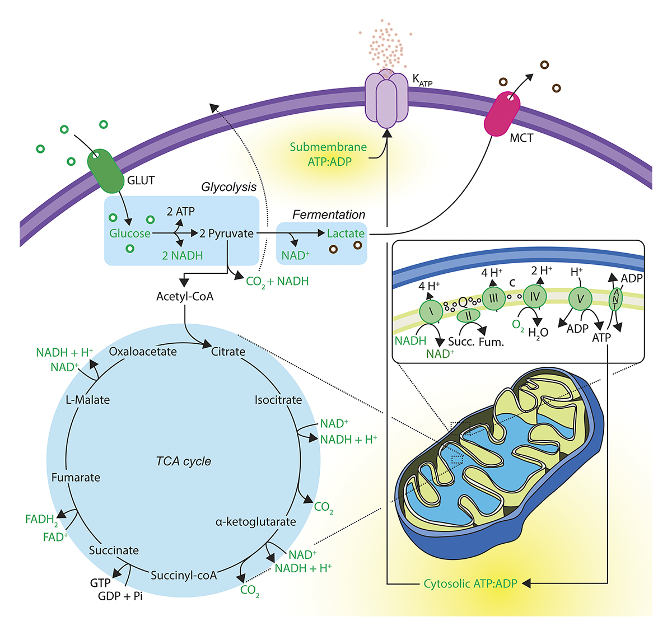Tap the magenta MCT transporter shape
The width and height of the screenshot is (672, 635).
502,114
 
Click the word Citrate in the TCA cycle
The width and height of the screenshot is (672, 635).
228,352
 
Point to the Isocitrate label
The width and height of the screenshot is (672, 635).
278,400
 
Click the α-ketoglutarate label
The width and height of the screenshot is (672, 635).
255,522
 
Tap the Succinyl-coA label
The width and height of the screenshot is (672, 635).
184,575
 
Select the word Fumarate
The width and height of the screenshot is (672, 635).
76,478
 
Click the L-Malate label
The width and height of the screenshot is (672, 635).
88,400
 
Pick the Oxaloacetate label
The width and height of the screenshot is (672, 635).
143,352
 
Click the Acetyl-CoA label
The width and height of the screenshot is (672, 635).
185,296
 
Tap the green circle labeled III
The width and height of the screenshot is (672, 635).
493,298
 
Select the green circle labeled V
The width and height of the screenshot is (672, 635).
580,299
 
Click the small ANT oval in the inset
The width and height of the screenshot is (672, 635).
615,298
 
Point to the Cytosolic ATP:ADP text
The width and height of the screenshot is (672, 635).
470,583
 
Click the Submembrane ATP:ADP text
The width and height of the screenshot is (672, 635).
329,155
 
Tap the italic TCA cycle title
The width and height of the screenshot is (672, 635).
184,461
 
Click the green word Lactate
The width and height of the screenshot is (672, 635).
346,234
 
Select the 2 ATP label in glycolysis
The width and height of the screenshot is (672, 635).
181,212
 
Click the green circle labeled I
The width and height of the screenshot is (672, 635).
431,311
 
